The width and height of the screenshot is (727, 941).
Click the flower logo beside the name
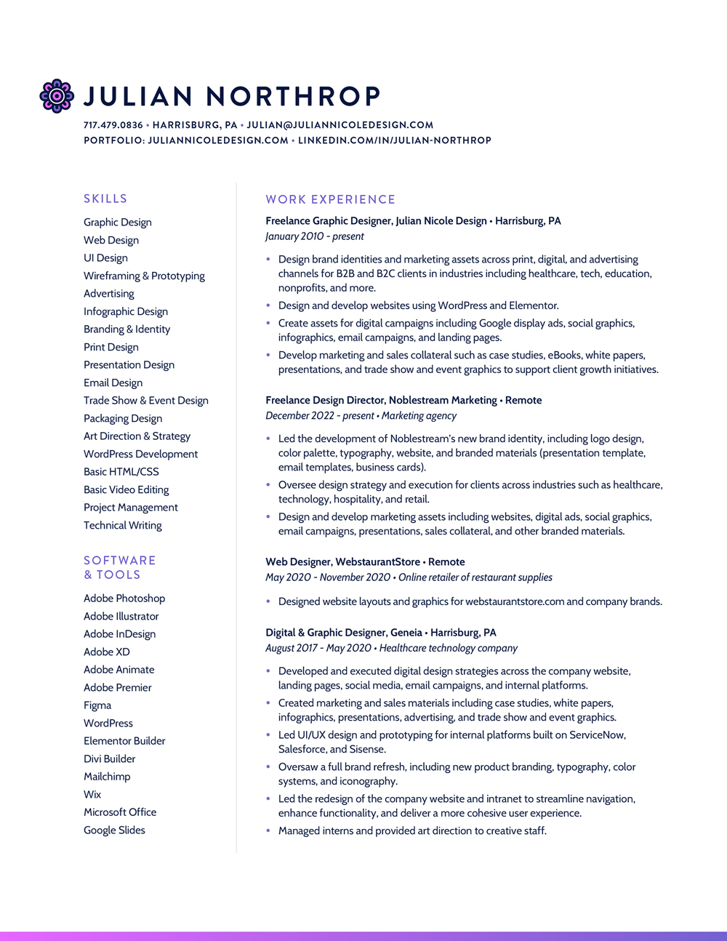(57, 96)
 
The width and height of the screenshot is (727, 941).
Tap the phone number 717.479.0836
(113, 125)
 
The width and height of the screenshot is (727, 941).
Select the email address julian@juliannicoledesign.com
(340, 125)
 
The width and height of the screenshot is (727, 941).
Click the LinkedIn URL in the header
(395, 140)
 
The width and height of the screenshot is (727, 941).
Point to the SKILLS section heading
(105, 199)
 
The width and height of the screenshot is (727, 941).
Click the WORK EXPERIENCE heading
(331, 199)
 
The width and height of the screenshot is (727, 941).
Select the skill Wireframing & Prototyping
(144, 276)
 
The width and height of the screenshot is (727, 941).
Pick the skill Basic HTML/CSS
(121, 471)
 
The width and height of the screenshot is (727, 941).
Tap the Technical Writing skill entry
(123, 525)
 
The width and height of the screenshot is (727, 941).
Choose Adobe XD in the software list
(107, 652)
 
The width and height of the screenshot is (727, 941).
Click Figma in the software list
(97, 705)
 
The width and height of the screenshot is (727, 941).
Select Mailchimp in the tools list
(107, 777)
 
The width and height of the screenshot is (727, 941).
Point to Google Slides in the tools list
(114, 830)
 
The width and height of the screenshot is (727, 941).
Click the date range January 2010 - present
(315, 236)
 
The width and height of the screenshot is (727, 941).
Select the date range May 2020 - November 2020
(328, 577)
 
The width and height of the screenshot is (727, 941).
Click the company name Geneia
(406, 633)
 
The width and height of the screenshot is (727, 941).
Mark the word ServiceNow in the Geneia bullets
(597, 735)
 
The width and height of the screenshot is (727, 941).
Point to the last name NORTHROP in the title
(293, 96)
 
